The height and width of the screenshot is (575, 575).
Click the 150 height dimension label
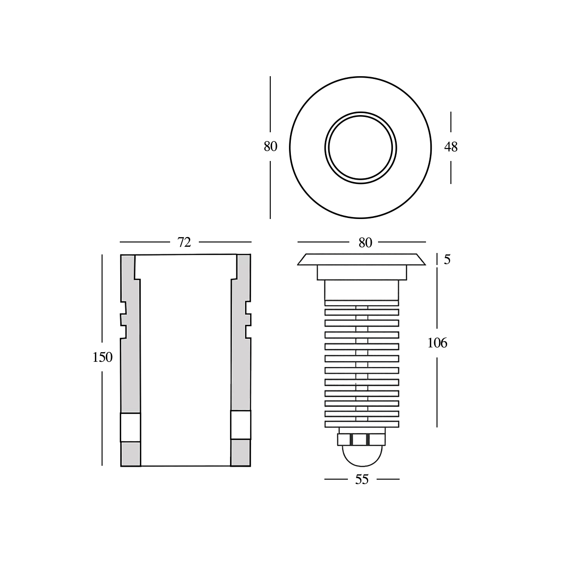tap(103, 357)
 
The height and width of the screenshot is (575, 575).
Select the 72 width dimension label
tap(184, 242)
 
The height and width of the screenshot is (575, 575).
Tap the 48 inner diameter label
tap(451, 147)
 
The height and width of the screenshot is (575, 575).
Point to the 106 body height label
tap(437, 343)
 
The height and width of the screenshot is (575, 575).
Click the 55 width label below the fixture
tap(362, 480)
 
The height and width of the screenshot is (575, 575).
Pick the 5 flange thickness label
tap(447, 260)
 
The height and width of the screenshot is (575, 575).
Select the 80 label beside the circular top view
tap(270, 147)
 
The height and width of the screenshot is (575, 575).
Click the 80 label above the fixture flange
tap(365, 243)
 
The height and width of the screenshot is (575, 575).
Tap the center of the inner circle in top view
tap(361, 147)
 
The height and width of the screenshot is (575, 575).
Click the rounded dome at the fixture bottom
tap(362, 455)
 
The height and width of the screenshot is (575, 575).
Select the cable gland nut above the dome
tap(362, 439)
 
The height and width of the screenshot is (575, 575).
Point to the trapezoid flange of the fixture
tap(362, 259)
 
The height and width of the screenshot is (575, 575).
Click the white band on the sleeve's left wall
tap(130, 427)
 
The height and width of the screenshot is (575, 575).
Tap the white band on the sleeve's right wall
tap(241, 425)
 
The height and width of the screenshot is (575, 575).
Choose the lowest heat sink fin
tap(362, 424)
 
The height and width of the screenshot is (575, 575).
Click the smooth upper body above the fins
tap(362, 290)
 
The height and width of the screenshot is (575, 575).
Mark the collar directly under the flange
tap(362, 272)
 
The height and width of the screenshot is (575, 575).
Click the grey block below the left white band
tap(130, 453)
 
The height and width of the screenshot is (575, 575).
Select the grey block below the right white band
tap(241, 452)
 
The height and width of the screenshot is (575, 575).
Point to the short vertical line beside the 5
tap(437, 259)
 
